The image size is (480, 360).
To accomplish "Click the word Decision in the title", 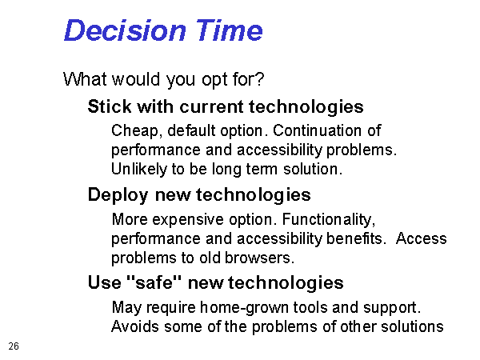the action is click(125, 30).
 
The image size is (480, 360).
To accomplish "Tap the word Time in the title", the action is click(229, 30).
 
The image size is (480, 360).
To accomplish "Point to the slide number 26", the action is click(14, 346).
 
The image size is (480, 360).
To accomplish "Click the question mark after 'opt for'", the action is click(259, 78).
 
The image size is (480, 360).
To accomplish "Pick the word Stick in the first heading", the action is click(110, 106).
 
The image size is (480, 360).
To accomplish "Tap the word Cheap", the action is click(135, 131).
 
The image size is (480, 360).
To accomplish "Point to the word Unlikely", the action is click(138, 170).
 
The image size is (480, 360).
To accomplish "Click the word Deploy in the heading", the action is click(118, 195).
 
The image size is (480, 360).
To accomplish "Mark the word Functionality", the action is click(329, 220).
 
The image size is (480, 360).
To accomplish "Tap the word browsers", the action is click(259, 258).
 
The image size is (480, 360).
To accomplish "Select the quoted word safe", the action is click(154, 282).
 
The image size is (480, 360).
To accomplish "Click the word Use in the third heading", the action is click(104, 282).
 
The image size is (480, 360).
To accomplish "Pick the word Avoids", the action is click(135, 326).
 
